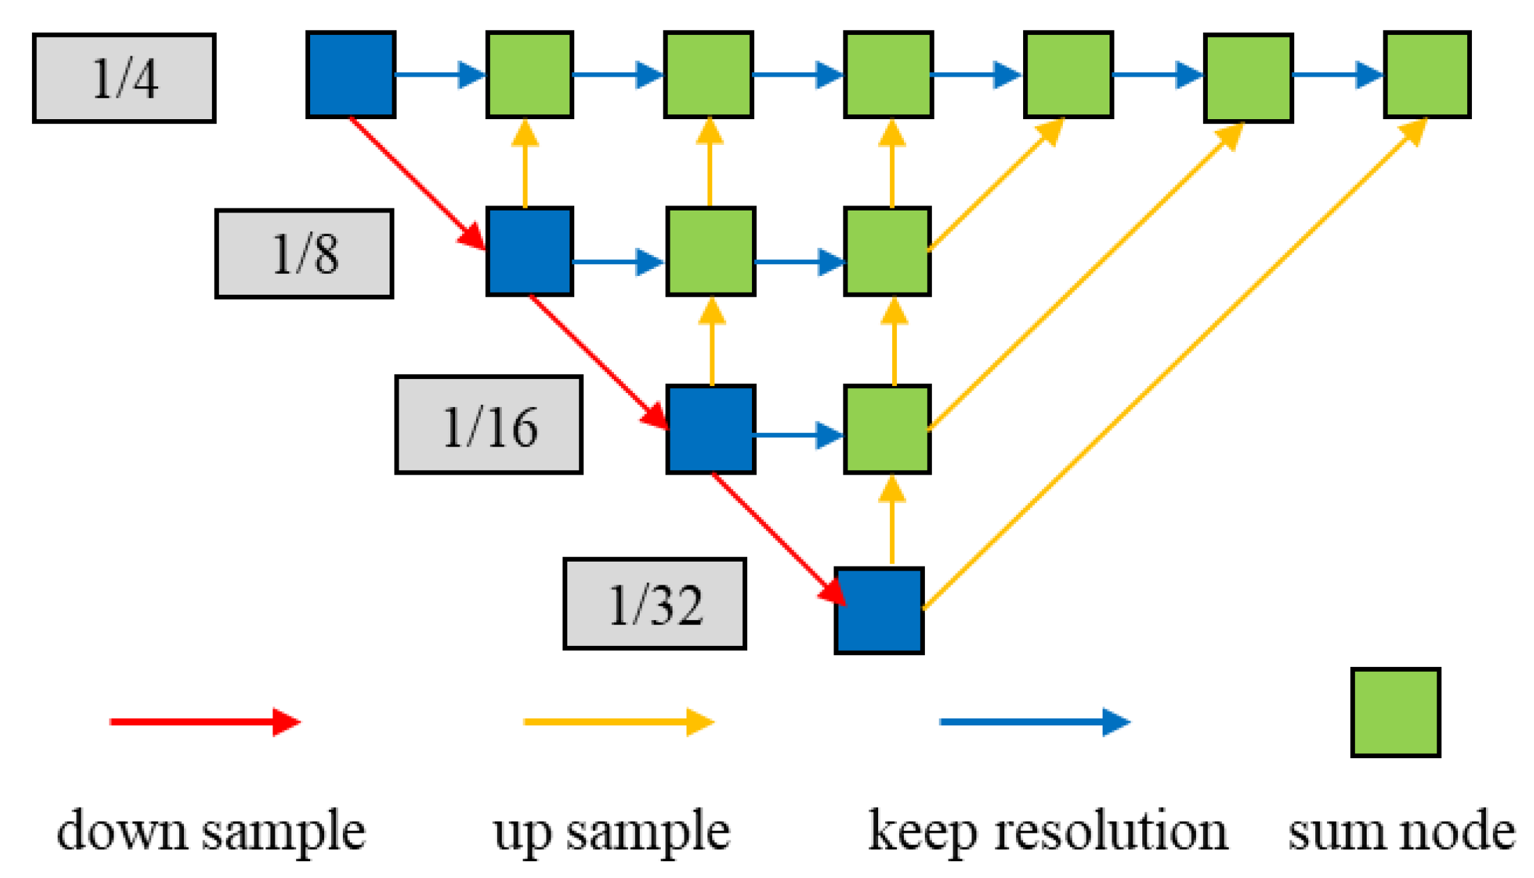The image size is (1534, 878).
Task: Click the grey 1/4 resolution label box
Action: (x=124, y=78)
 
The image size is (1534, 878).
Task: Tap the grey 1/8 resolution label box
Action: (x=305, y=254)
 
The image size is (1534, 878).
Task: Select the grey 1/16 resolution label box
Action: (x=489, y=425)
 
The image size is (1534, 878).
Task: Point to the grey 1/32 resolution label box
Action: (x=654, y=603)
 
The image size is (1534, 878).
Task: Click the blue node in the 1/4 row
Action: (x=351, y=75)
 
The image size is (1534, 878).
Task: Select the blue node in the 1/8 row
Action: (x=530, y=252)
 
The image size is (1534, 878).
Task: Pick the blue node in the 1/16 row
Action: (x=711, y=429)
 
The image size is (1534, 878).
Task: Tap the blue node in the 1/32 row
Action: (x=880, y=610)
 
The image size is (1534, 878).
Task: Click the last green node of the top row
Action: (x=1427, y=75)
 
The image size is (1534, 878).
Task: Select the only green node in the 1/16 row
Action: (x=887, y=429)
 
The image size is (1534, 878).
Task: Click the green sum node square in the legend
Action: (x=1395, y=712)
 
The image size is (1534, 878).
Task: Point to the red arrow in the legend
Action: (x=204, y=722)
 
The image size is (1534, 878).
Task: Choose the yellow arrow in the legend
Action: (x=618, y=722)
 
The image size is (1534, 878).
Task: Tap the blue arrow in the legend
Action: (x=1034, y=722)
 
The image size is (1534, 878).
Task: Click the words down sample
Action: (x=210, y=831)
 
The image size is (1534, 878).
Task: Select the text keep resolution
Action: (x=1048, y=831)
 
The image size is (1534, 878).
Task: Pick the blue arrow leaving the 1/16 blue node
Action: (x=799, y=435)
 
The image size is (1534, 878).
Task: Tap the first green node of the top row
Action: (x=530, y=75)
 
